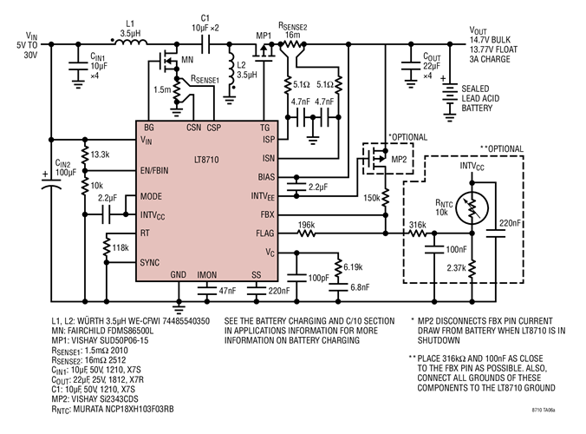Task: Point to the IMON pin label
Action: point(207,274)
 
